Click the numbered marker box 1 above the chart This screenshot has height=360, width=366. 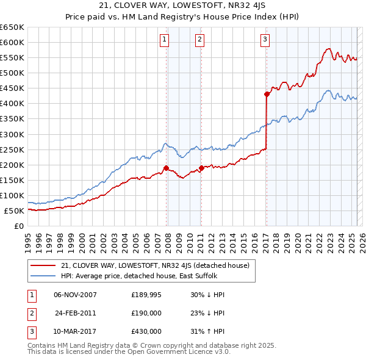click(x=165, y=40)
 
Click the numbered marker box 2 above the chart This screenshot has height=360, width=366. click(x=200, y=40)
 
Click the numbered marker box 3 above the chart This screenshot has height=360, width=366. click(x=265, y=40)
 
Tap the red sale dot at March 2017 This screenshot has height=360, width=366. click(x=267, y=94)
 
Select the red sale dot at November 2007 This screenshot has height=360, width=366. click(x=166, y=168)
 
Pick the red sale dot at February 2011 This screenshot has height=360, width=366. click(x=201, y=168)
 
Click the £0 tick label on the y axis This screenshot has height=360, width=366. click(x=20, y=226)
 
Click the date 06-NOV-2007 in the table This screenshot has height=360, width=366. click(x=75, y=295)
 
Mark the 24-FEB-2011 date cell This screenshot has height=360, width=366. click(x=75, y=313)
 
